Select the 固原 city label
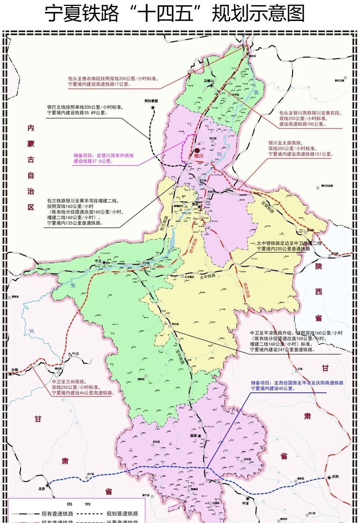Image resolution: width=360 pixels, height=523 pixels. tap(194, 435)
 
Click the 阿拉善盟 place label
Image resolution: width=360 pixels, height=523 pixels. tap(151, 101)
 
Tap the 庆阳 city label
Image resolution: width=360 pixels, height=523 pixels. tap(336, 477)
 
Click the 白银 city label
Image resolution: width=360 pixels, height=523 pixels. tap(14, 369)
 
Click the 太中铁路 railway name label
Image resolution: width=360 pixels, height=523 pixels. tap(207, 276)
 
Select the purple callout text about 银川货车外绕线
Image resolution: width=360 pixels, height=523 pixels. tap(104, 158)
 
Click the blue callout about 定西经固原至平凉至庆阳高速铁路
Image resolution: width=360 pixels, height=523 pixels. tap(297, 386)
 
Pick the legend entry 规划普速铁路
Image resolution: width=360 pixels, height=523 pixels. tap(122, 513)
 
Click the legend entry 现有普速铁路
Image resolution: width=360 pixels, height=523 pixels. tap(57, 513)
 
